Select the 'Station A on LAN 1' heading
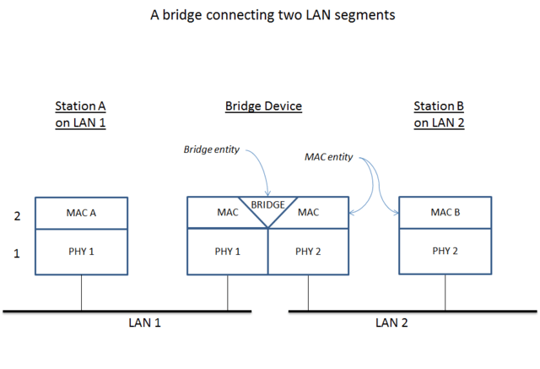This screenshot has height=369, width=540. coord(81,114)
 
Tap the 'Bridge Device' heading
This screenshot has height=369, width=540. coord(263,106)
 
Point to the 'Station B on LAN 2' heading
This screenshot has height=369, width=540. coord(439,114)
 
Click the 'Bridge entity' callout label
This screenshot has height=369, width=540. coord(211,149)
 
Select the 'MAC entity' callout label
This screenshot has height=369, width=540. coord(327,157)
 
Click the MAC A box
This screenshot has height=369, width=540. coord(81,213)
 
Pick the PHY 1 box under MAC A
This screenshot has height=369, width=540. coord(81,251)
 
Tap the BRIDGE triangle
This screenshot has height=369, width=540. coord(267,208)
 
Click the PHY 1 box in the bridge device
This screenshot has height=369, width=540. coord(227,251)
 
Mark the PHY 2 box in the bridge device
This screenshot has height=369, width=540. coord(308,251)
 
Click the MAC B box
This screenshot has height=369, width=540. coord(445,213)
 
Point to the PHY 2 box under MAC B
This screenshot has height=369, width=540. coord(445,251)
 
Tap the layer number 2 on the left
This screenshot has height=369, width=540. coord(16,216)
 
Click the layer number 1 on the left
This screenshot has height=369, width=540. coord(16,252)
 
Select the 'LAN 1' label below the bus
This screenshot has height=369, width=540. coord(144,323)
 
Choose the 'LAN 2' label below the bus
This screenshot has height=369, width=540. coord(391,323)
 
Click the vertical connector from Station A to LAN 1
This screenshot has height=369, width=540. coord(81,293)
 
